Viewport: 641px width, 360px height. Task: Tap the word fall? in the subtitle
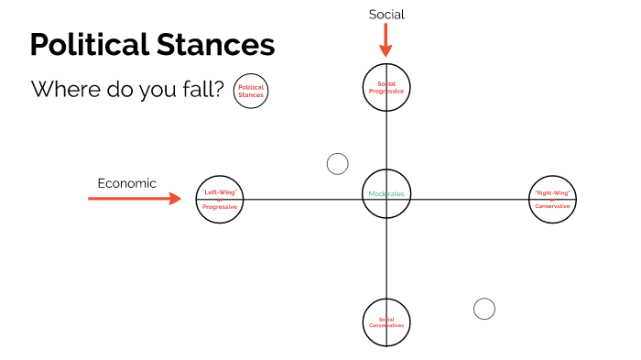pyautogui.click(x=202, y=90)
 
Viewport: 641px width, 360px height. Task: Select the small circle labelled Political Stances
pyautogui.click(x=251, y=91)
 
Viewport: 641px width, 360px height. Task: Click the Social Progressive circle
pyautogui.click(x=386, y=87)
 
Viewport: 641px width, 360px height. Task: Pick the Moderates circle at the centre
pyautogui.click(x=386, y=194)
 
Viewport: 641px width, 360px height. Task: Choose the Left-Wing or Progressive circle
pyautogui.click(x=220, y=200)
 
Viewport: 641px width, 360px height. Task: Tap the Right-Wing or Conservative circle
pyautogui.click(x=552, y=200)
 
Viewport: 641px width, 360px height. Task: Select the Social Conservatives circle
pyautogui.click(x=386, y=322)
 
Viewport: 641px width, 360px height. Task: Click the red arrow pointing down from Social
pyautogui.click(x=386, y=40)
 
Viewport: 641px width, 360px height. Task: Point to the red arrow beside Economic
pyautogui.click(x=136, y=198)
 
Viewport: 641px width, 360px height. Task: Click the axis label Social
pyautogui.click(x=386, y=14)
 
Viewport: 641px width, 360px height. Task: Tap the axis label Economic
pyautogui.click(x=127, y=183)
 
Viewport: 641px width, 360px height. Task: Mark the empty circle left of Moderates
pyautogui.click(x=338, y=164)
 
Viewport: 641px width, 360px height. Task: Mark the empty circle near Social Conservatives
pyautogui.click(x=484, y=309)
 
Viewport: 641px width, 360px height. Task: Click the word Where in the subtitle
pyautogui.click(x=60, y=90)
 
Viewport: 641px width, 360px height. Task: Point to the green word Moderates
pyautogui.click(x=386, y=194)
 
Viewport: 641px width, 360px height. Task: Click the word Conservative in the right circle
pyautogui.click(x=552, y=206)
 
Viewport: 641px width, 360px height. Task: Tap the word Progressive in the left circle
pyautogui.click(x=220, y=206)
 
